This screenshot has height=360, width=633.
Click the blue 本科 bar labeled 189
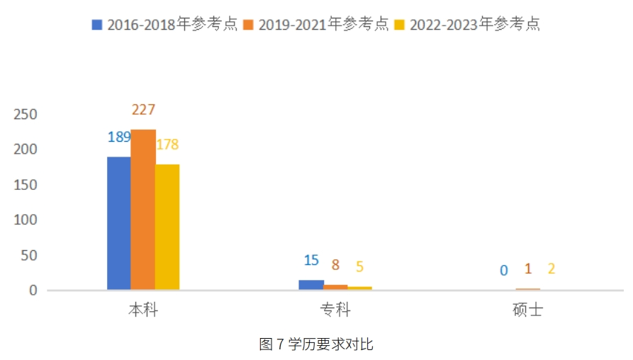(119, 223)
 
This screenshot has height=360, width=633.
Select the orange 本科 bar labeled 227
(143, 210)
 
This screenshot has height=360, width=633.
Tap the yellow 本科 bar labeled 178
(167, 227)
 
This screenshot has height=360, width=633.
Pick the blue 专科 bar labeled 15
(311, 285)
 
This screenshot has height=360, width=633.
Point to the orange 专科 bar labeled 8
(335, 287)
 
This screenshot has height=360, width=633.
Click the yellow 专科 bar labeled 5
(359, 288)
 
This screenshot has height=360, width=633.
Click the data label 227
(143, 110)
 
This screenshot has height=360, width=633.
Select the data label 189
(119, 137)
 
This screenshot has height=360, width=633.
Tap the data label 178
(167, 145)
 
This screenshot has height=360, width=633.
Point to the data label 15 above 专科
(311, 260)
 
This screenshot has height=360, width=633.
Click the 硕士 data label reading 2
(551, 269)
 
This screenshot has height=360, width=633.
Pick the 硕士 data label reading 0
(503, 270)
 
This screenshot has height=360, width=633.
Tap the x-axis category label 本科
(143, 310)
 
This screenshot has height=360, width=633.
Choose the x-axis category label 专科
(335, 310)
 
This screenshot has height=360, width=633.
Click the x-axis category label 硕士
(527, 310)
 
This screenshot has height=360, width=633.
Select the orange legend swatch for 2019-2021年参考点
(248, 25)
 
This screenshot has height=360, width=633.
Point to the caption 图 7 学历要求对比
(316, 345)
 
